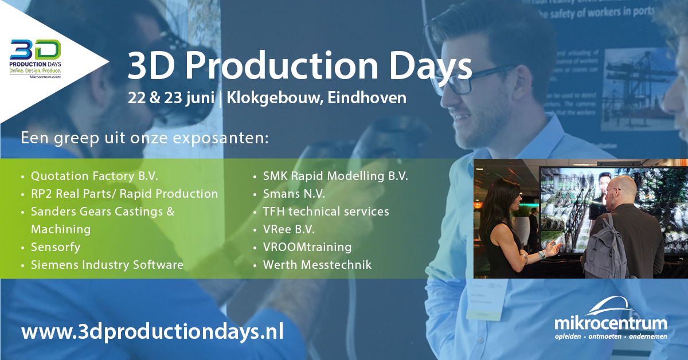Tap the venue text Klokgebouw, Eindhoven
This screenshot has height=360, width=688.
[x=316, y=97]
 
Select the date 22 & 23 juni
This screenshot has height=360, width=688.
[x=172, y=97]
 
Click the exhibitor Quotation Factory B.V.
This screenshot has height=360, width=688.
[x=94, y=176]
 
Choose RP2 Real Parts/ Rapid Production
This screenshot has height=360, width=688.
[x=124, y=194]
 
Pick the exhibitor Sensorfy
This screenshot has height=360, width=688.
[x=56, y=247]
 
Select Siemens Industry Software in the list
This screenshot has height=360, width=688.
[x=107, y=265]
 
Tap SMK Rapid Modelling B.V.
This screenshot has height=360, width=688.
[x=335, y=176]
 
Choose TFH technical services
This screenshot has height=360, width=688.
[x=326, y=212]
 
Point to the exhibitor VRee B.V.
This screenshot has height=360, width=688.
[x=288, y=229]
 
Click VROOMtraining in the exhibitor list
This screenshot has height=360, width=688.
[x=307, y=247]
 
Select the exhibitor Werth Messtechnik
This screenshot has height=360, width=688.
[x=317, y=265]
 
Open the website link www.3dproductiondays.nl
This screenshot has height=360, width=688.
[x=152, y=332]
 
